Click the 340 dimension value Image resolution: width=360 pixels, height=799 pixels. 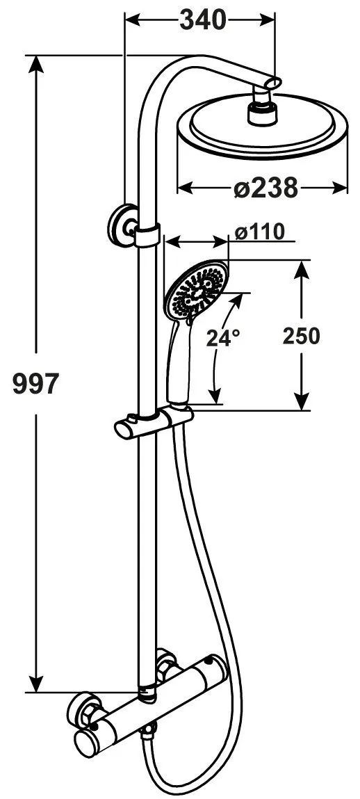pyautogui.click(x=202, y=20)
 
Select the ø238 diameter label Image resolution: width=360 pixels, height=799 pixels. pyautogui.click(x=266, y=188)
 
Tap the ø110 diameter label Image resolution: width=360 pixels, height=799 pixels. pyautogui.click(x=260, y=232)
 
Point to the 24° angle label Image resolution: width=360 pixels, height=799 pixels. pyautogui.click(x=222, y=337)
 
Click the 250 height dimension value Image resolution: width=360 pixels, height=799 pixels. pyautogui.click(x=302, y=336)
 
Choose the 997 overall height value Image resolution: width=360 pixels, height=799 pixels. pyautogui.click(x=36, y=384)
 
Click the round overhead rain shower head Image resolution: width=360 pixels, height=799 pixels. pyautogui.click(x=263, y=127)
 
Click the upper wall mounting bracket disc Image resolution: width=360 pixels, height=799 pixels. pyautogui.click(x=121, y=225)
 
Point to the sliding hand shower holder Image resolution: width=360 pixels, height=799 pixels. pyautogui.click(x=154, y=422)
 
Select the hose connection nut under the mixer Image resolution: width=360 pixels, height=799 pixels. pyautogui.click(x=148, y=734)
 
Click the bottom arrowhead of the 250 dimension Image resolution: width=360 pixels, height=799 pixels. pyautogui.click(x=302, y=403)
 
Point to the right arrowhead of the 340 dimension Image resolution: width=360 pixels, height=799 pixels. pyautogui.click(x=268, y=20)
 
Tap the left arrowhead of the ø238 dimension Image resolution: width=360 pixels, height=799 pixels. pyautogui.click(x=185, y=188)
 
